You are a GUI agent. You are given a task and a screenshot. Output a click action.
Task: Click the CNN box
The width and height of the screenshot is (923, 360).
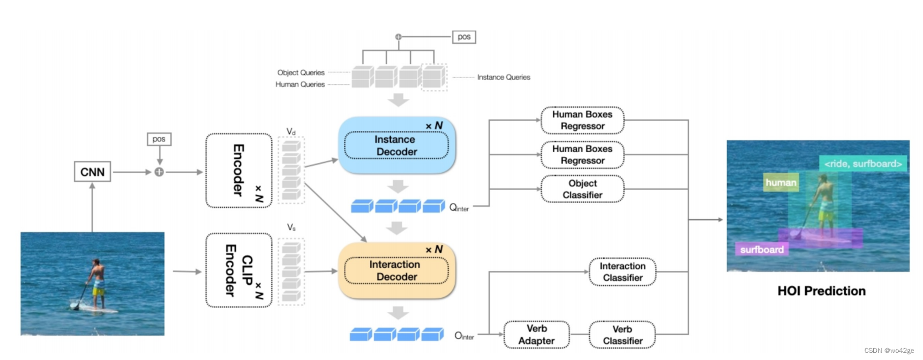92,173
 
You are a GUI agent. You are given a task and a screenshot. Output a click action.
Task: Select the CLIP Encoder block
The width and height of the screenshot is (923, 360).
239,270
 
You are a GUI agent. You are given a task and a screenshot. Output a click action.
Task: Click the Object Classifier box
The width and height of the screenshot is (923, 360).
583,189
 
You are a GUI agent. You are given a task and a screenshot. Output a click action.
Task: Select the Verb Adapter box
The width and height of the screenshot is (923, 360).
536,335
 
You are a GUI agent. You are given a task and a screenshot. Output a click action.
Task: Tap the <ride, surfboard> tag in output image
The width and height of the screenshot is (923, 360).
863,163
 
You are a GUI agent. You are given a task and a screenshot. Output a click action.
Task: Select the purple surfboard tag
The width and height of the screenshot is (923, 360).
761,249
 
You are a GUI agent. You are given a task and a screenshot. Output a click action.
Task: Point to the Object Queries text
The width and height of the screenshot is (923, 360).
301,73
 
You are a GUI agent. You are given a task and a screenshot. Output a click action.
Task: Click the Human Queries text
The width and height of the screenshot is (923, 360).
300,85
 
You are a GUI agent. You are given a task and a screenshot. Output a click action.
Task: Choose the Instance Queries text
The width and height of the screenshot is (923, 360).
503,77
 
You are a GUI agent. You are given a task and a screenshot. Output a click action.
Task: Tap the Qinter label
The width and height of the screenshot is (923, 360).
459,208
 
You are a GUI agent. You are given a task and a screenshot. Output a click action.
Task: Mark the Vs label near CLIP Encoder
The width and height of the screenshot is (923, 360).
291,227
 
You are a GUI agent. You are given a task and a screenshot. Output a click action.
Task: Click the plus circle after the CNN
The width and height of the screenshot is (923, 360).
159,172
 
